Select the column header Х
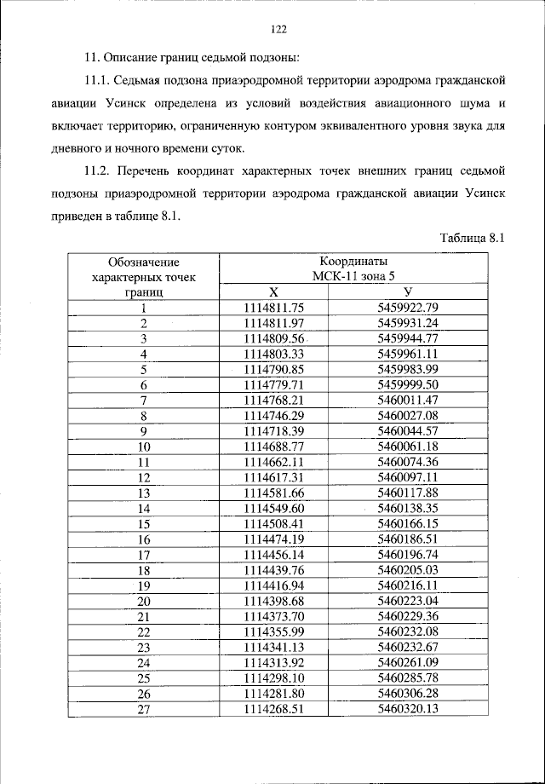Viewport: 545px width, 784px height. point(273,291)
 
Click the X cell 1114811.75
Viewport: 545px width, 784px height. point(273,307)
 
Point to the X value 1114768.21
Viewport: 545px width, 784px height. point(273,400)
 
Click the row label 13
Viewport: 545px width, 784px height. point(143,493)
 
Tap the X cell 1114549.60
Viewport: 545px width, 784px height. point(273,508)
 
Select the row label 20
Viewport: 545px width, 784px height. point(143,601)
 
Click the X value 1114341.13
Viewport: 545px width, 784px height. point(273,647)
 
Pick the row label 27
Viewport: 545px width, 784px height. point(143,709)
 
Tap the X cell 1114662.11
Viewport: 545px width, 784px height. point(273,461)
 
